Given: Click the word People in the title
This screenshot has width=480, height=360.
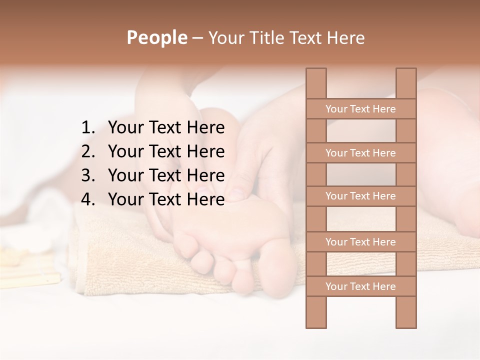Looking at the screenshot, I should point(156,37).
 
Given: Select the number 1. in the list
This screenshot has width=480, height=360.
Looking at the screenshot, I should point(88,128).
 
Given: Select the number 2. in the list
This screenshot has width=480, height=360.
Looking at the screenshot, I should point(88,151).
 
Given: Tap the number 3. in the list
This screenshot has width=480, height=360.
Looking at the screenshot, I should point(88,175).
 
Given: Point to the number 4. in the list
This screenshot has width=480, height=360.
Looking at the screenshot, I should point(88,199).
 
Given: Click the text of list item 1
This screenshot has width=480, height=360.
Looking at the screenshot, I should point(166,128).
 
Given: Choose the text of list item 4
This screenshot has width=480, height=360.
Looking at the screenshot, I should point(166,199).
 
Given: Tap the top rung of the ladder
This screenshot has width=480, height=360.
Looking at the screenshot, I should point(361,109).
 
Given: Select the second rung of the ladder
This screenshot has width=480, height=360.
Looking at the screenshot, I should point(361,153).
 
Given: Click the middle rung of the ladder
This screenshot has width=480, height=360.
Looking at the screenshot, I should point(361,196).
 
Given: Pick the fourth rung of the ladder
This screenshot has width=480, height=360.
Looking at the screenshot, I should point(361,242).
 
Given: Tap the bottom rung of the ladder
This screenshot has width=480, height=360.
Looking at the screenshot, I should point(361,286).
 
